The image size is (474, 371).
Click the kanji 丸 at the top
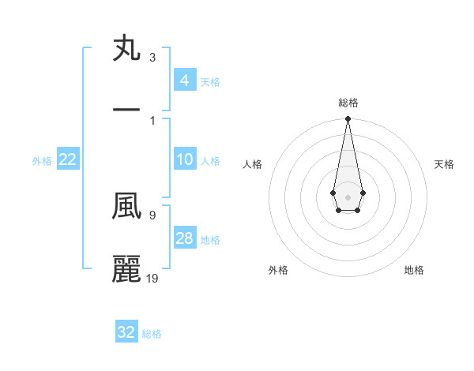pyautogui.click(x=127, y=49)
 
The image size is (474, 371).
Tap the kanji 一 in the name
pyautogui.click(x=127, y=110)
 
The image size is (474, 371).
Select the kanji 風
pyautogui.click(x=127, y=207)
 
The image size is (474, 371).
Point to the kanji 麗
pyautogui.click(x=127, y=268)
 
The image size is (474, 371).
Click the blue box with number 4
pyautogui.click(x=185, y=81)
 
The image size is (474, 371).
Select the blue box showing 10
pyautogui.click(x=185, y=160)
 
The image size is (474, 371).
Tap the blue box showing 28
pyautogui.click(x=185, y=238)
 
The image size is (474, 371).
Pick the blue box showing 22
pyautogui.click(x=68, y=160)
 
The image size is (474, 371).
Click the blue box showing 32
pyautogui.click(x=126, y=332)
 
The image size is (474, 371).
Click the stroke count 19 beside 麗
pyautogui.click(x=152, y=278)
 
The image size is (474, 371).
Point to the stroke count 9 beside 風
pyautogui.click(x=152, y=214)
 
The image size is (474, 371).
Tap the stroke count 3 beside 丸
pyautogui.click(x=152, y=58)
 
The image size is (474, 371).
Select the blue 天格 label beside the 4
pyautogui.click(x=210, y=81)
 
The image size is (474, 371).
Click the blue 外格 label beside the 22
pyautogui.click(x=42, y=161)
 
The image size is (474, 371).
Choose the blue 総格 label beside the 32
pyautogui.click(x=152, y=333)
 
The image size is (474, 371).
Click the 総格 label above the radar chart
pyautogui.click(x=348, y=103)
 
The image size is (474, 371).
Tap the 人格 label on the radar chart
pyautogui.click(x=253, y=164)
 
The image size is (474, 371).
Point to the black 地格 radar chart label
pyautogui.click(x=414, y=270)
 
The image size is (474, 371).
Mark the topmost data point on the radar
pyautogui.click(x=348, y=119)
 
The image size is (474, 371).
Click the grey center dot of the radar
pyautogui.click(x=348, y=196)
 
